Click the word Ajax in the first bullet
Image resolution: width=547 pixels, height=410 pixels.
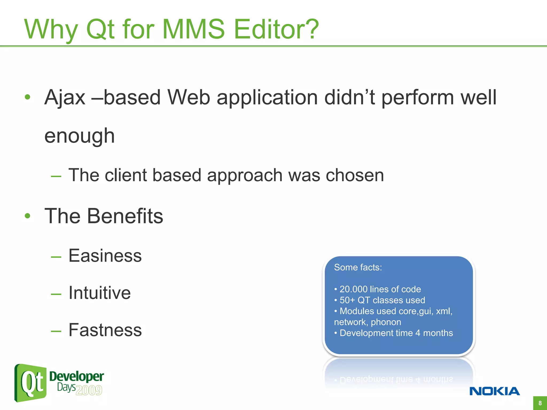coord(65,97)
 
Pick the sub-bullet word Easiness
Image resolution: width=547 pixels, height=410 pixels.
coord(105,256)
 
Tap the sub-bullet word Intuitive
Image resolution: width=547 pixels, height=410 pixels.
coord(100,293)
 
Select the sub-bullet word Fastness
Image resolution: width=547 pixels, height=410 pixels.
coord(105,330)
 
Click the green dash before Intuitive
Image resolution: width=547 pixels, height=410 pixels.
coord(56,294)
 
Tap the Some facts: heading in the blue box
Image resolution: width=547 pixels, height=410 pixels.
coord(358,267)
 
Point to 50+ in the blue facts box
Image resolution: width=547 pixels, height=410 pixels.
coord(347,300)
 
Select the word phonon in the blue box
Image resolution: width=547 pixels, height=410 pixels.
coord(386,322)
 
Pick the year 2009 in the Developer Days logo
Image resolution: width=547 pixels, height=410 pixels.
coord(89,390)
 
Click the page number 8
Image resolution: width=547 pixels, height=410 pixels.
coord(540,403)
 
